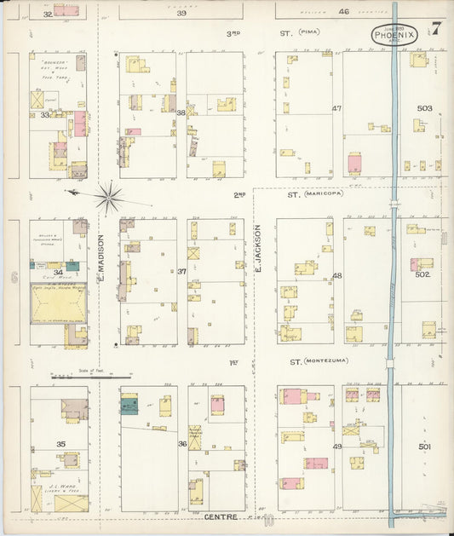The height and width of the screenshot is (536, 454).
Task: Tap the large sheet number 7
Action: coord(435,27)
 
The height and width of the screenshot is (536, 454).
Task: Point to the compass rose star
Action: coord(108,198)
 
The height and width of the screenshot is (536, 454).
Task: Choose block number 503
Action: coord(424,108)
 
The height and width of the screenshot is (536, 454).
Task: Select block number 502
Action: coord(423,274)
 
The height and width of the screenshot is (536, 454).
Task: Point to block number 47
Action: coord(336,108)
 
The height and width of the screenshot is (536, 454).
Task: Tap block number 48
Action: coord(336,275)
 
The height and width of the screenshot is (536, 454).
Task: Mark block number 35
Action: coord(60,445)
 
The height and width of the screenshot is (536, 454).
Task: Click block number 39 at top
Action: coord(181,13)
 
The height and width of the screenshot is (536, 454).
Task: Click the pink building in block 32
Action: coord(66,11)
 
